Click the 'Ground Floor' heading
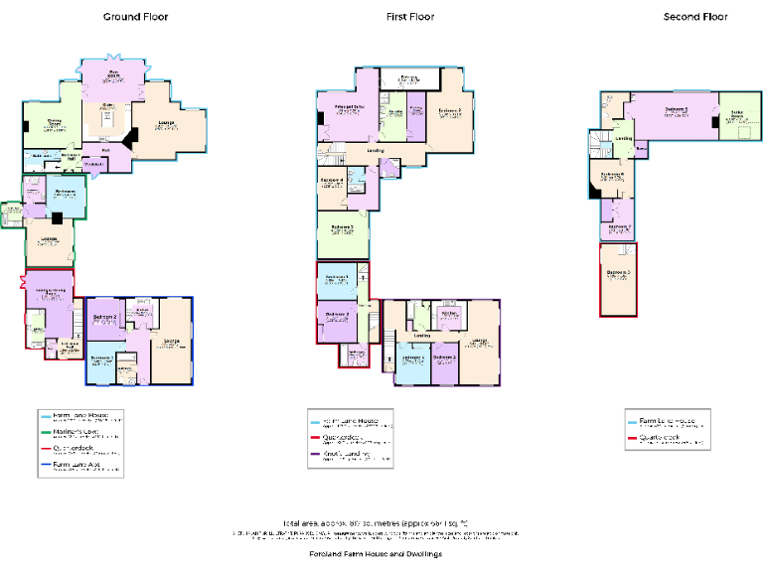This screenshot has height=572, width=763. click(x=136, y=17)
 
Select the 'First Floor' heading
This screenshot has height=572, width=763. click(x=410, y=17)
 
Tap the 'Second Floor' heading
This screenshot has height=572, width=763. click(x=695, y=17)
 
